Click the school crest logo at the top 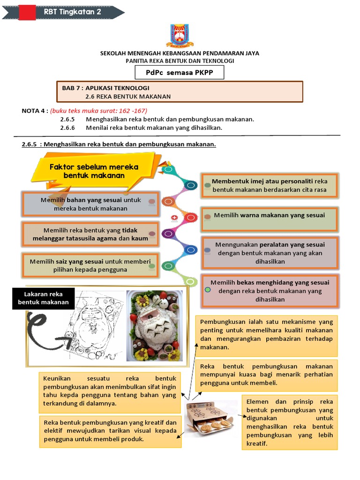coord(180,36)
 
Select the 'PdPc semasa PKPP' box coord(180,73)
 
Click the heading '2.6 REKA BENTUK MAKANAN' coord(128,97)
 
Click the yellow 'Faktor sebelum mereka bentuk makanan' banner coord(94,171)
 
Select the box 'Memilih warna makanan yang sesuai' coord(269,219)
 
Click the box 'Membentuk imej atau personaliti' coord(270,186)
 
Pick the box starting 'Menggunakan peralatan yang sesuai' coord(270,253)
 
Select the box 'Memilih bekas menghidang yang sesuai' coord(270,291)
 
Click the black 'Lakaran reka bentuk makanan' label coord(43,298)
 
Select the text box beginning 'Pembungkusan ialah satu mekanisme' coord(266,335)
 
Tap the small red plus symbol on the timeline coord(174,217)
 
